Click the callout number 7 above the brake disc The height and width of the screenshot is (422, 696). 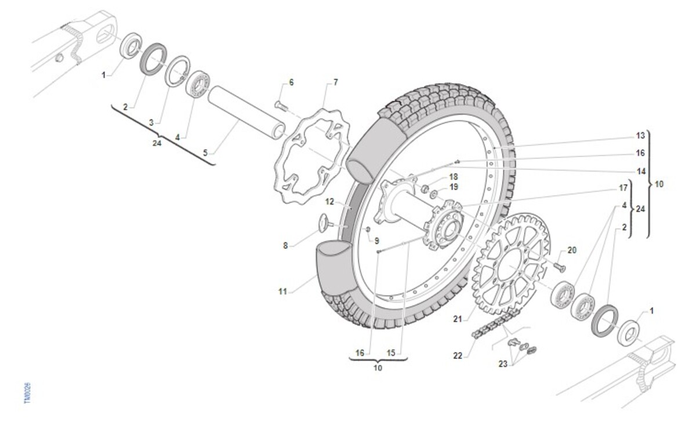[x=335, y=82]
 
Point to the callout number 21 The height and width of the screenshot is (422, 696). [x=458, y=319]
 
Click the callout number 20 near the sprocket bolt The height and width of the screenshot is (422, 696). [x=572, y=250]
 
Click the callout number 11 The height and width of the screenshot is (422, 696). [x=282, y=292]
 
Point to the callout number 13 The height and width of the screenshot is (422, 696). [x=640, y=136]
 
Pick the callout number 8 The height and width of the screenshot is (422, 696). [x=285, y=245]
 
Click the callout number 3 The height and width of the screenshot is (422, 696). [x=151, y=123]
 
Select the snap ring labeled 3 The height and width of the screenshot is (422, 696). [x=177, y=71]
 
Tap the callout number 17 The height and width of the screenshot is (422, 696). [x=623, y=188]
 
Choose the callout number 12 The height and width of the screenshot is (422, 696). [x=329, y=202]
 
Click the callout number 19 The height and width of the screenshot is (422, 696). [x=454, y=187]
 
